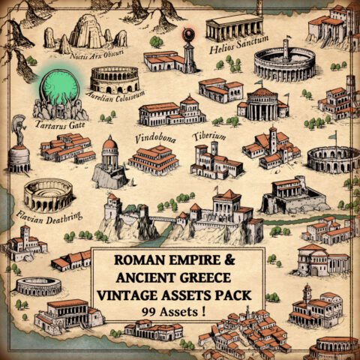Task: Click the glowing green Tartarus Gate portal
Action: coord(59,90)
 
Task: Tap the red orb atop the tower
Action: coord(188,34)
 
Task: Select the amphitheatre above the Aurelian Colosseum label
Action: coord(114,78)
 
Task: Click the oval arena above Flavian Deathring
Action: coord(48,194)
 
